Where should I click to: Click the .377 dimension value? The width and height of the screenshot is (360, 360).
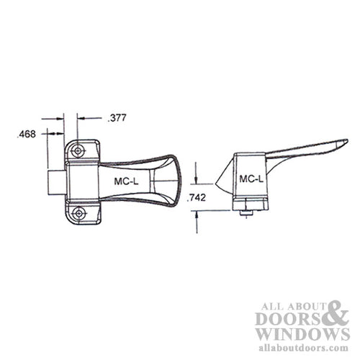(x=116, y=117)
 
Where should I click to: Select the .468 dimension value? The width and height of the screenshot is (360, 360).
(x=27, y=133)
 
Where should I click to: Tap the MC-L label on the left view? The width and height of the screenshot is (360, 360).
(x=128, y=182)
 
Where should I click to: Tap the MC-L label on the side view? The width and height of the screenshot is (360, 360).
(x=251, y=178)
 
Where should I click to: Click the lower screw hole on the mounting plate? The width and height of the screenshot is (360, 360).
(x=78, y=213)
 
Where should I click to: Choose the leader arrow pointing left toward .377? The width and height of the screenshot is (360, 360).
(x=81, y=117)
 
